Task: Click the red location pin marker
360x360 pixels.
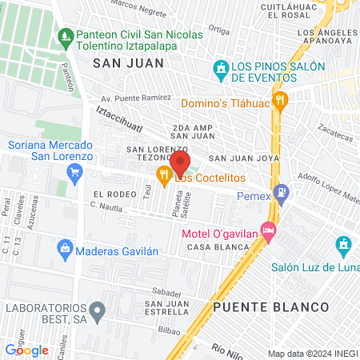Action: pos(179,162)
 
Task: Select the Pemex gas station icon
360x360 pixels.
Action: pos(281,193)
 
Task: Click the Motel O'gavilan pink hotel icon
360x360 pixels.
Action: pos(268,232)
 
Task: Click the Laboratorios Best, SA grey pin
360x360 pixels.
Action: pos(98,308)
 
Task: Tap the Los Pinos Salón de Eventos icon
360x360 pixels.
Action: pos(220,70)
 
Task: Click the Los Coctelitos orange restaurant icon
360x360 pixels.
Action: pos(164,176)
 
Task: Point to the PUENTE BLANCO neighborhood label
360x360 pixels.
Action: pos(271,307)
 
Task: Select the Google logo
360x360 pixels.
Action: pos(27,350)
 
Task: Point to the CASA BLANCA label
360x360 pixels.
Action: pos(214,248)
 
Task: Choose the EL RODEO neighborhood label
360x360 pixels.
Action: pos(110,194)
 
